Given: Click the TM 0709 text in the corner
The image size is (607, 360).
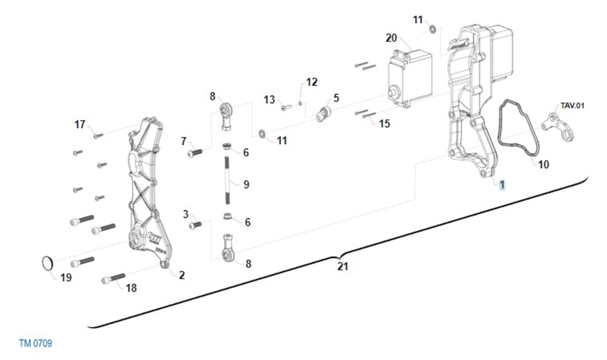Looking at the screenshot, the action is click(35, 343).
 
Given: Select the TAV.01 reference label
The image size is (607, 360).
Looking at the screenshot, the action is click(572, 106).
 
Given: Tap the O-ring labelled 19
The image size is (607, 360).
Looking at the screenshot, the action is click(44, 263).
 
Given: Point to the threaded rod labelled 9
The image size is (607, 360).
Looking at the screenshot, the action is click(227, 180).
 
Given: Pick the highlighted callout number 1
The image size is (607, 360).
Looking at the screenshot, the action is click(502, 185).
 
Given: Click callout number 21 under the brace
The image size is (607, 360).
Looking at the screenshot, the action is click(342, 266).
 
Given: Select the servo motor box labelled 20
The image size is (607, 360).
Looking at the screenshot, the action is click(410, 78).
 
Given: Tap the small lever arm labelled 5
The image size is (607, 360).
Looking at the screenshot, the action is click(323, 114).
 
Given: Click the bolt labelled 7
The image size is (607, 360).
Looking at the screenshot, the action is click(195, 153).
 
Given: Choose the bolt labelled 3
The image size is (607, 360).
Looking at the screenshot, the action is click(195, 225).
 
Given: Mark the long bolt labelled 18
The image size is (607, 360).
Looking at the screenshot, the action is click(113, 279).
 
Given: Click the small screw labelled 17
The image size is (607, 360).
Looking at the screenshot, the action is click(98, 136).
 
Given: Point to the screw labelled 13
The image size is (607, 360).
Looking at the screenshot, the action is click(286, 108).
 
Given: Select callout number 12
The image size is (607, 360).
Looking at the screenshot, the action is click(312, 82).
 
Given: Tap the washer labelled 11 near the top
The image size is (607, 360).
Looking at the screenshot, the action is click(433, 29).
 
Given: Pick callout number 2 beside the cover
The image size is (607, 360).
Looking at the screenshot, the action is click(182, 275).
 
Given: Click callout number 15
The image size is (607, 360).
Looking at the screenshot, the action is click(384, 123).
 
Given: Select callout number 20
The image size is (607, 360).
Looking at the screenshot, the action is click(392, 38).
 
